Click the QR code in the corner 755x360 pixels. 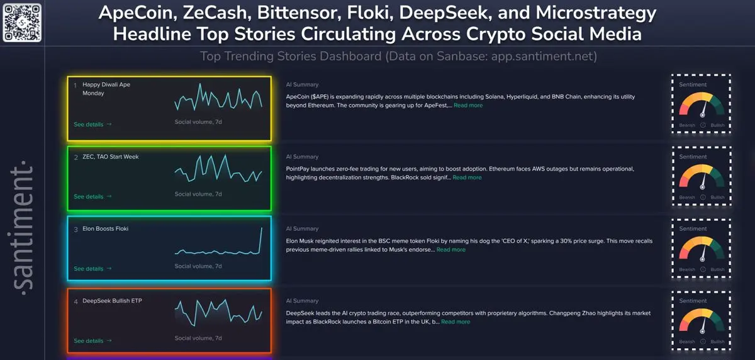pos(22,22)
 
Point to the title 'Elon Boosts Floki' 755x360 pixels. pos(105,228)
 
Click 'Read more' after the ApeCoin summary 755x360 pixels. pos(468,106)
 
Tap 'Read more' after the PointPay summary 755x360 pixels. pos(467,177)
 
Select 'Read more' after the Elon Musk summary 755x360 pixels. pos(451,250)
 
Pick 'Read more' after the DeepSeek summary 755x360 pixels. pos(456,322)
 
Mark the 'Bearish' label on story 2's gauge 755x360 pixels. pos(687,198)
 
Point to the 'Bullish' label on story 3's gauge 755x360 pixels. pos(717,269)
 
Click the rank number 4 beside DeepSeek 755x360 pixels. pos(76,301)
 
